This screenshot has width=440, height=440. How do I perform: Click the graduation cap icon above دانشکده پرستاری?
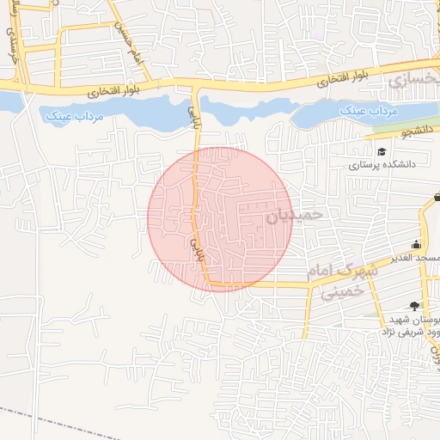pos(381,151)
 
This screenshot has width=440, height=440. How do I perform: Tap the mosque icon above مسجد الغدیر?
pos(417,244)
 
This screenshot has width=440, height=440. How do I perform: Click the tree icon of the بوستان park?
pos(415,306)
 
